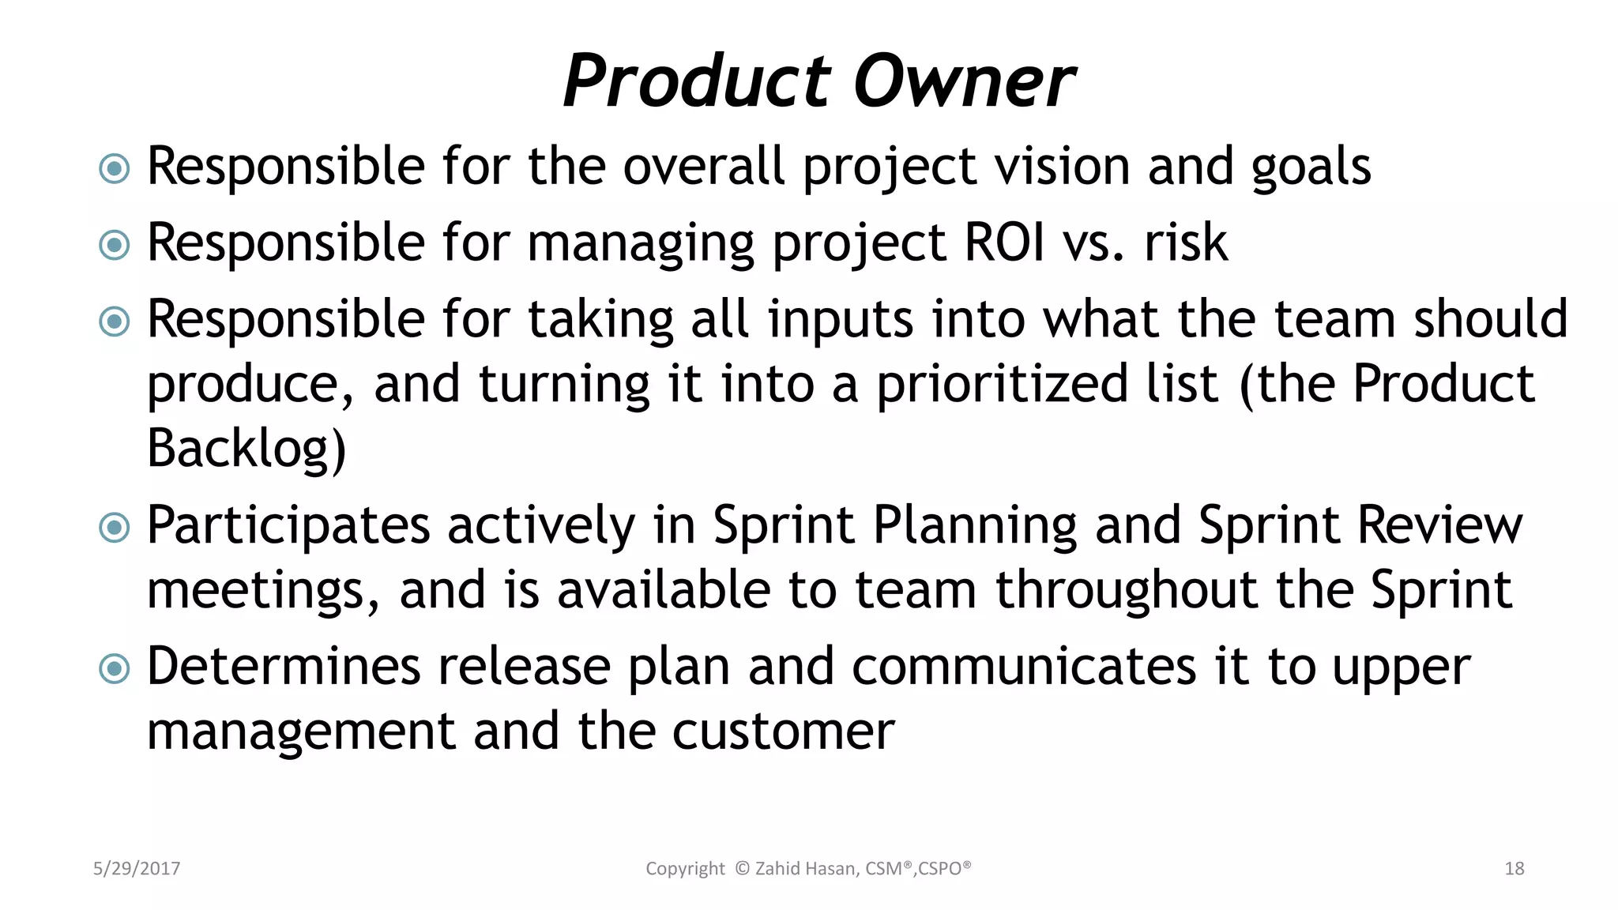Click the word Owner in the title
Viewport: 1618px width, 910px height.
[964, 81]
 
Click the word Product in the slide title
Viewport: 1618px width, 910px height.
[696, 81]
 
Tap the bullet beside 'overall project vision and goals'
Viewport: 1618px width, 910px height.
[115, 168]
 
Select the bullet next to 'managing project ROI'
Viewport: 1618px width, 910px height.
[115, 245]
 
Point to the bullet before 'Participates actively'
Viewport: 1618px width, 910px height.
[115, 528]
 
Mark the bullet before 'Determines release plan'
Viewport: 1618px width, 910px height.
[115, 669]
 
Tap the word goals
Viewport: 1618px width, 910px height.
[1311, 168]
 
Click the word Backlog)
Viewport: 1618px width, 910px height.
[246, 449]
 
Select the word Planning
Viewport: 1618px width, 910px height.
[974, 527]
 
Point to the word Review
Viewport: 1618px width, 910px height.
[1439, 525]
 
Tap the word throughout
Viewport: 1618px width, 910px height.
[1126, 591]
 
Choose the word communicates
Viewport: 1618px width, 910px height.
[1024, 667]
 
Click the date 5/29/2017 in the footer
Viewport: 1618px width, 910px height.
[137, 869]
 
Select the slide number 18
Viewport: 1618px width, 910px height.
[1514, 869]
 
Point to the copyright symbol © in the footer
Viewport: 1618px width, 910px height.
[742, 869]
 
